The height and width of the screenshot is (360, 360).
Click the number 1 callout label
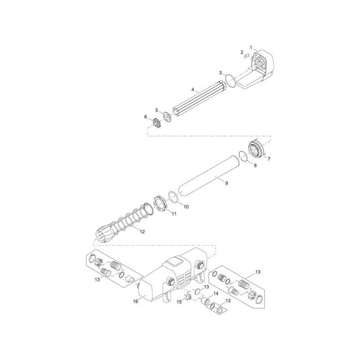pos(252,48)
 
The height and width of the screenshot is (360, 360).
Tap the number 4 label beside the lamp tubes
pos(193,90)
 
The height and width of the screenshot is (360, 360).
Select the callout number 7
pos(269,159)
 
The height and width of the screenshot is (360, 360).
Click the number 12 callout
pos(142,232)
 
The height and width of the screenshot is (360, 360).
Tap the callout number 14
pos(216,294)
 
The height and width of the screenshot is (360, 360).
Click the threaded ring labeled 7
pos(258,149)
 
